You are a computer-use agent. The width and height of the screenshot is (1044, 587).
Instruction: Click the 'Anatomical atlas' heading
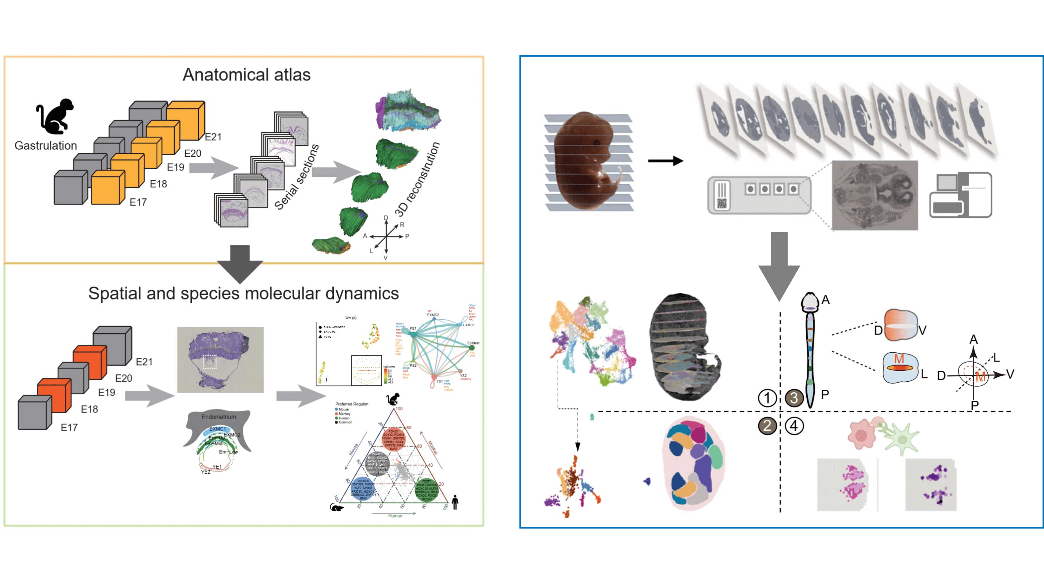(247, 74)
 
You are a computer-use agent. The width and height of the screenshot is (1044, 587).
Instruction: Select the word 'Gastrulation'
(45, 146)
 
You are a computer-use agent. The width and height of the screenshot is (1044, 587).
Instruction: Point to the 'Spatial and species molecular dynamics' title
(243, 293)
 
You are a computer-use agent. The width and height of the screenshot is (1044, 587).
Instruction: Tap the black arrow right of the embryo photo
(665, 161)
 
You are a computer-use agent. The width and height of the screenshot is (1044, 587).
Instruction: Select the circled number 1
(767, 398)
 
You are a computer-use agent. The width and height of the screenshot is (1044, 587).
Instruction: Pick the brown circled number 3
(794, 398)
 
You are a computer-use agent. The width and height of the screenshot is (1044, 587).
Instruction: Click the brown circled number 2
(767, 425)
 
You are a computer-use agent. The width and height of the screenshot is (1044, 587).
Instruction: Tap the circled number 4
(794, 425)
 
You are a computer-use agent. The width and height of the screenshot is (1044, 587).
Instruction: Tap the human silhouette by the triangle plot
(455, 502)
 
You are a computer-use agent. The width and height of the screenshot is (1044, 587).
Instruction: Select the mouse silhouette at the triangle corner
(336, 507)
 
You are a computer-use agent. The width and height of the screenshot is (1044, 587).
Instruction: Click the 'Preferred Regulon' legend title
(351, 404)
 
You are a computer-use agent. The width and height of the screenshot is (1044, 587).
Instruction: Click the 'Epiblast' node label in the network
(473, 343)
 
